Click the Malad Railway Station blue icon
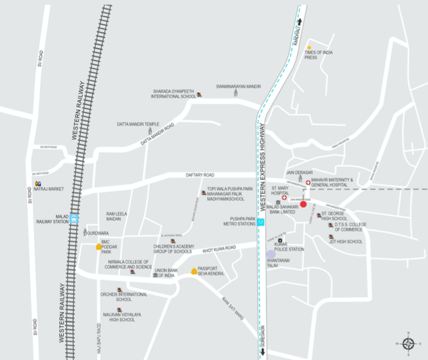coord(75,219)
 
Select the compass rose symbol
coord(408,343)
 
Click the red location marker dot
coord(303,204)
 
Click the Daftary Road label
coord(200,175)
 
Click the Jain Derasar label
coord(300,172)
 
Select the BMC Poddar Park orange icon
coord(97,247)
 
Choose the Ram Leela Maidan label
coord(116,216)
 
